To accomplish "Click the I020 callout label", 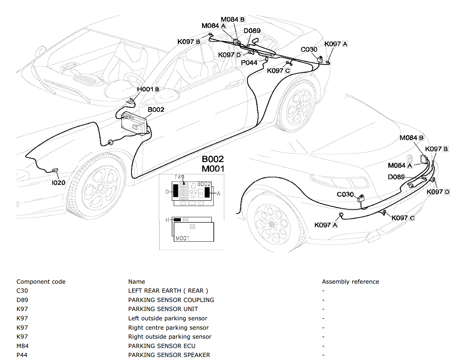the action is click(58, 183).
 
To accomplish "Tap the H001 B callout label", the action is click(148, 89).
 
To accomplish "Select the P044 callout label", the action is click(249, 63).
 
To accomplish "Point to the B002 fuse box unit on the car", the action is click(134, 124).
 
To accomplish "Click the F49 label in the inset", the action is click(179, 177).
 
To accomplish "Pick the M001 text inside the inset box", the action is click(182, 238).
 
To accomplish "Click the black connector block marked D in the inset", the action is click(176, 191).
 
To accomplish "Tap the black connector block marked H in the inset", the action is click(177, 220).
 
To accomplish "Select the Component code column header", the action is click(41, 282).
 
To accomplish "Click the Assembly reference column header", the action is click(351, 282).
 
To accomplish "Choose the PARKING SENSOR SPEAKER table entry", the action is click(169, 355).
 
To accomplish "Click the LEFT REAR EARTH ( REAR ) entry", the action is click(168, 291).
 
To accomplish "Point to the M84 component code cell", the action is click(22, 346).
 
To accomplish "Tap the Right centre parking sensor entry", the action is click(168, 328).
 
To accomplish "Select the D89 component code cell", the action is click(22, 300).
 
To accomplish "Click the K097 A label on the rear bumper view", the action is click(326, 225).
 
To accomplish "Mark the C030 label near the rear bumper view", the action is click(345, 195).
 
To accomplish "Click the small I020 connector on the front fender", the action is click(55, 170).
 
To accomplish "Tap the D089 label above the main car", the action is click(252, 31).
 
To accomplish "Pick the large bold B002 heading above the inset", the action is click(212, 159).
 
